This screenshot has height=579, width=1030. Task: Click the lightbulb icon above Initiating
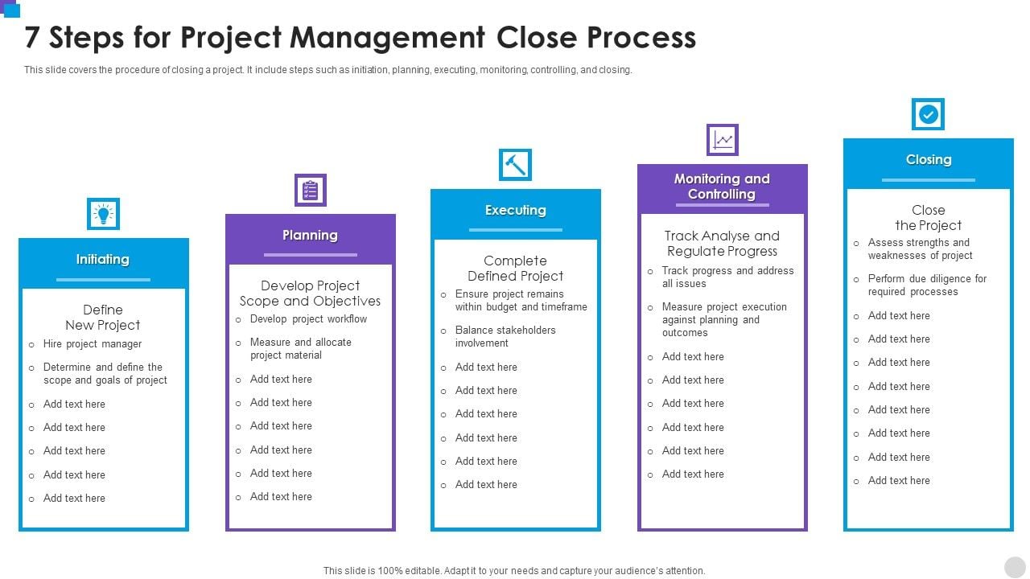[104, 214]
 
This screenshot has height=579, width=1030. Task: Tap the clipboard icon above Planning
[311, 190]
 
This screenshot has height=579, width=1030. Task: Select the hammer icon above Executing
[516, 165]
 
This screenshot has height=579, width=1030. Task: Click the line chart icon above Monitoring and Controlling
[723, 140]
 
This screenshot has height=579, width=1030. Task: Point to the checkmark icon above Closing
[928, 114]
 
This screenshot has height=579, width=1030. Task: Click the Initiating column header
[103, 259]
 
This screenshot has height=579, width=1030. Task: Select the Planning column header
[311, 235]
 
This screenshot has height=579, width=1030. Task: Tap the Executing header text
[516, 210]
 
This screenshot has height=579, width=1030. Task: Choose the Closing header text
[929, 159]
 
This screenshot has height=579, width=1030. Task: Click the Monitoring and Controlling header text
[722, 186]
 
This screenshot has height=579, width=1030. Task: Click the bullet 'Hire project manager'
[93, 343]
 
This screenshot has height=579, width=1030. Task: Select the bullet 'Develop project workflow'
[308, 319]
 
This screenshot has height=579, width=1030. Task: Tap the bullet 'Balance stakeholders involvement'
[505, 336]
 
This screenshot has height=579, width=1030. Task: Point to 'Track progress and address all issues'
[728, 277]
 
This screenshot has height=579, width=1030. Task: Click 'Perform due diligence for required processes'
[927, 285]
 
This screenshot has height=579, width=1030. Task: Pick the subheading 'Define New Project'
[103, 317]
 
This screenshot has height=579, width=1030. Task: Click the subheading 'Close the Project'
[929, 217]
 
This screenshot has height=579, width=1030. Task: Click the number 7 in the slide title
[31, 37]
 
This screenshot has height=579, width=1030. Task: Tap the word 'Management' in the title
[387, 38]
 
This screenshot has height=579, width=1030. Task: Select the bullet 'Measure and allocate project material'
[301, 348]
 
